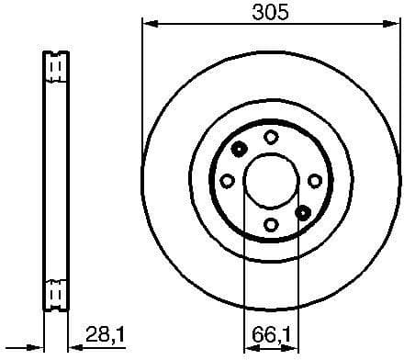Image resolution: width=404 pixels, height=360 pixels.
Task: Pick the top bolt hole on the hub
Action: (x=270, y=136)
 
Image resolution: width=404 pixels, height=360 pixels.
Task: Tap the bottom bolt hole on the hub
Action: (x=270, y=225)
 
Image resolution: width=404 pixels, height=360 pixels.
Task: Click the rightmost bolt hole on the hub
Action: (x=314, y=181)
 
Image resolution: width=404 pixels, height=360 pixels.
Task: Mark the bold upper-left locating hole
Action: (x=239, y=150)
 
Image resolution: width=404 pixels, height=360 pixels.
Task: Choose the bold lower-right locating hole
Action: (x=302, y=212)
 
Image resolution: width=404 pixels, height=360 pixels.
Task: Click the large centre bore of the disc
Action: (x=270, y=181)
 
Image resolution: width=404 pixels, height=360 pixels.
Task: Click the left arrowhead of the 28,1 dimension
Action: (x=39, y=347)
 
